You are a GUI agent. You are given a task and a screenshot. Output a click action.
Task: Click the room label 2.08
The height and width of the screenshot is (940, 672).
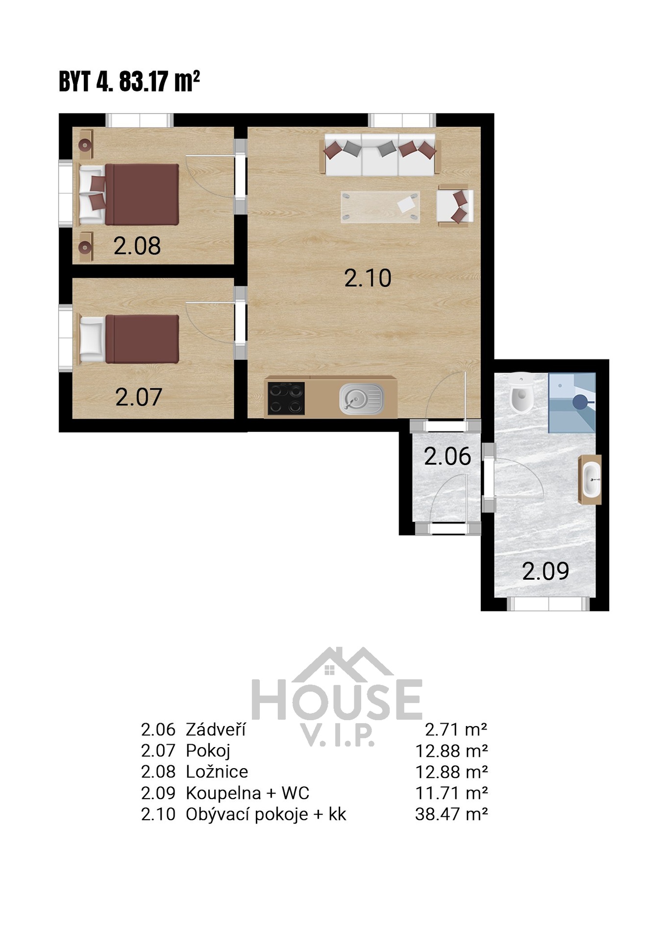pos(137,246)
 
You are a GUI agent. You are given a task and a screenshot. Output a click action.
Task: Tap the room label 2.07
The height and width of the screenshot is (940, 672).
pos(138,397)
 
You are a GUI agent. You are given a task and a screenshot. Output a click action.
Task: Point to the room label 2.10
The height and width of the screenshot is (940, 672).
pos(368,278)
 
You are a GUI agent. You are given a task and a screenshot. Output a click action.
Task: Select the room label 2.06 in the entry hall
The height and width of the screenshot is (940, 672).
pos(447,456)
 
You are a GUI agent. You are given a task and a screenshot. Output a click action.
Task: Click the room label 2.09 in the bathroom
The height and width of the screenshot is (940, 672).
pos(546,571)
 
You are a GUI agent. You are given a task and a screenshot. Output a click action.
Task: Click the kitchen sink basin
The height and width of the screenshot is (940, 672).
pos(362,399)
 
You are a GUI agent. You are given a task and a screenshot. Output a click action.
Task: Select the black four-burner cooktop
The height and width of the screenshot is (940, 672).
pos(286,398)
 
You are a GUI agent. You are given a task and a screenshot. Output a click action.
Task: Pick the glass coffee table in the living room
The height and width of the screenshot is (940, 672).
pos(380,207)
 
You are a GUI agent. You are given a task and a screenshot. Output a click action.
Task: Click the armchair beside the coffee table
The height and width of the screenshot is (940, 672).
pos(455,206)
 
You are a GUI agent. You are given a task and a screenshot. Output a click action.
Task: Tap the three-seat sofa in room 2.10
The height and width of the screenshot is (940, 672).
pos(380,154)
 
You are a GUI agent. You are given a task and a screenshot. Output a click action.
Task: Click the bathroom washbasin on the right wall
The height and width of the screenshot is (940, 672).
pos(591,479)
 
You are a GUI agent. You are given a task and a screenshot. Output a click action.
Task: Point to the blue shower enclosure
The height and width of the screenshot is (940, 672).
pos(572,403)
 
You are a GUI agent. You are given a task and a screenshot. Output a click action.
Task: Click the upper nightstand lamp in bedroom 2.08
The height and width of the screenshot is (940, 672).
pos(86,144)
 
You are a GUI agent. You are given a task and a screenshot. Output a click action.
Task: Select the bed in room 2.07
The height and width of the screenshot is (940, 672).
pos(129,339)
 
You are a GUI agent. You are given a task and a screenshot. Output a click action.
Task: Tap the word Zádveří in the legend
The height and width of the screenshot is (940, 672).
pos(216,730)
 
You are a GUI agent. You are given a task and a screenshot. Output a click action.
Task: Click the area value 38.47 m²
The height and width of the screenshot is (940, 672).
pos(451,814)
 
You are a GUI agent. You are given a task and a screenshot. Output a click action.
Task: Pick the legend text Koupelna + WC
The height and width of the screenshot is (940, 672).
pos(248,793)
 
